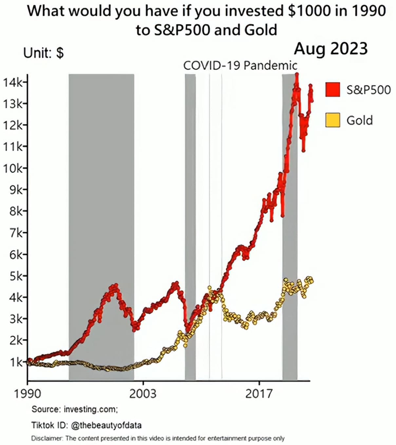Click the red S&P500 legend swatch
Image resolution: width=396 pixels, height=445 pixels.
[x=332, y=89]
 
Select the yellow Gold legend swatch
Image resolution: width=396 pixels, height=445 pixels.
[x=332, y=120]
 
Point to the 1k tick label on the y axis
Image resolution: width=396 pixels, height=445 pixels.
[x=14, y=362]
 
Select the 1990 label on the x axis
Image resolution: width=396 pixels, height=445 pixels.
[x=28, y=393]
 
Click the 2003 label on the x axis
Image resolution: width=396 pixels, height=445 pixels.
[x=143, y=393]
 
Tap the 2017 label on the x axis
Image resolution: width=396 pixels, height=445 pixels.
[x=259, y=393]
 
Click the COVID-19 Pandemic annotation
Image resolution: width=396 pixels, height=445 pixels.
[x=240, y=65]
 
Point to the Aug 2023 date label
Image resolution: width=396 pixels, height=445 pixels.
[x=331, y=49]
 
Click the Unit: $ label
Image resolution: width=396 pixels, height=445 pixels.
[x=44, y=53]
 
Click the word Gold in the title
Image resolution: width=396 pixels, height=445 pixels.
[x=261, y=30]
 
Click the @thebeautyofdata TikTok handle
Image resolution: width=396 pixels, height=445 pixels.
[x=106, y=425]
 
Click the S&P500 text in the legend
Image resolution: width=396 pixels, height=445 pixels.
[x=368, y=90]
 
